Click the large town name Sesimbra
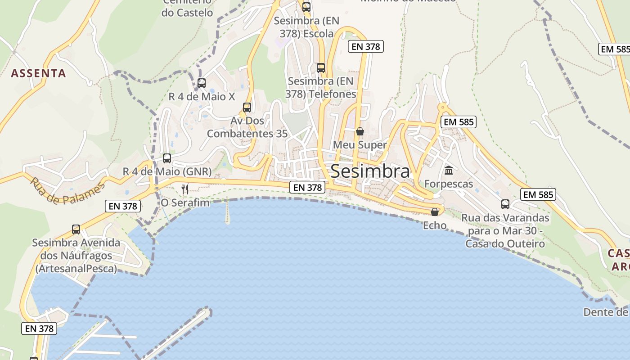point(370,171)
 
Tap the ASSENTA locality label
point(38,73)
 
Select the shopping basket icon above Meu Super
point(360,131)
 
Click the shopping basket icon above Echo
point(435,211)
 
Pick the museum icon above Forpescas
point(449,171)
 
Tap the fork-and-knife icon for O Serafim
point(185,189)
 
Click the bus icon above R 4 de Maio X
point(202,83)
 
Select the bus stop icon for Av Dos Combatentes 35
point(247,108)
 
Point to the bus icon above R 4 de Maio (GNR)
point(167,158)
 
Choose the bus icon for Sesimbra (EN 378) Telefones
point(321,68)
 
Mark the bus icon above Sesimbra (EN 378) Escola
point(306,7)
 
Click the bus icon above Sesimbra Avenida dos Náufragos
point(76,229)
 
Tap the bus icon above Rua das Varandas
point(505,204)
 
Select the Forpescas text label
point(449,184)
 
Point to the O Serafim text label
point(185,202)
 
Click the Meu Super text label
point(360,145)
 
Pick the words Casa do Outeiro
point(505,244)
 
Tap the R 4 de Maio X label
point(202,96)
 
